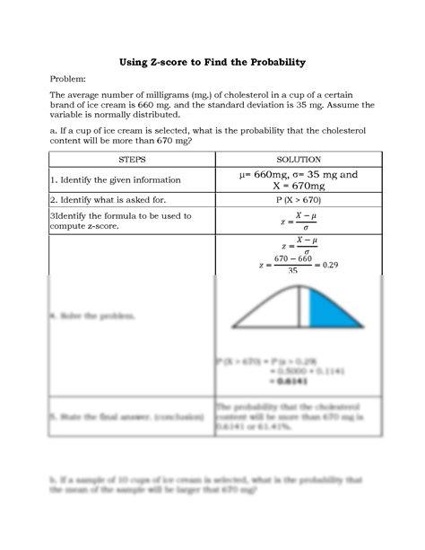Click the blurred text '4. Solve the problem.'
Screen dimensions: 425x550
[85, 318]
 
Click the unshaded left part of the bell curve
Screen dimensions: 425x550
[269, 310]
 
